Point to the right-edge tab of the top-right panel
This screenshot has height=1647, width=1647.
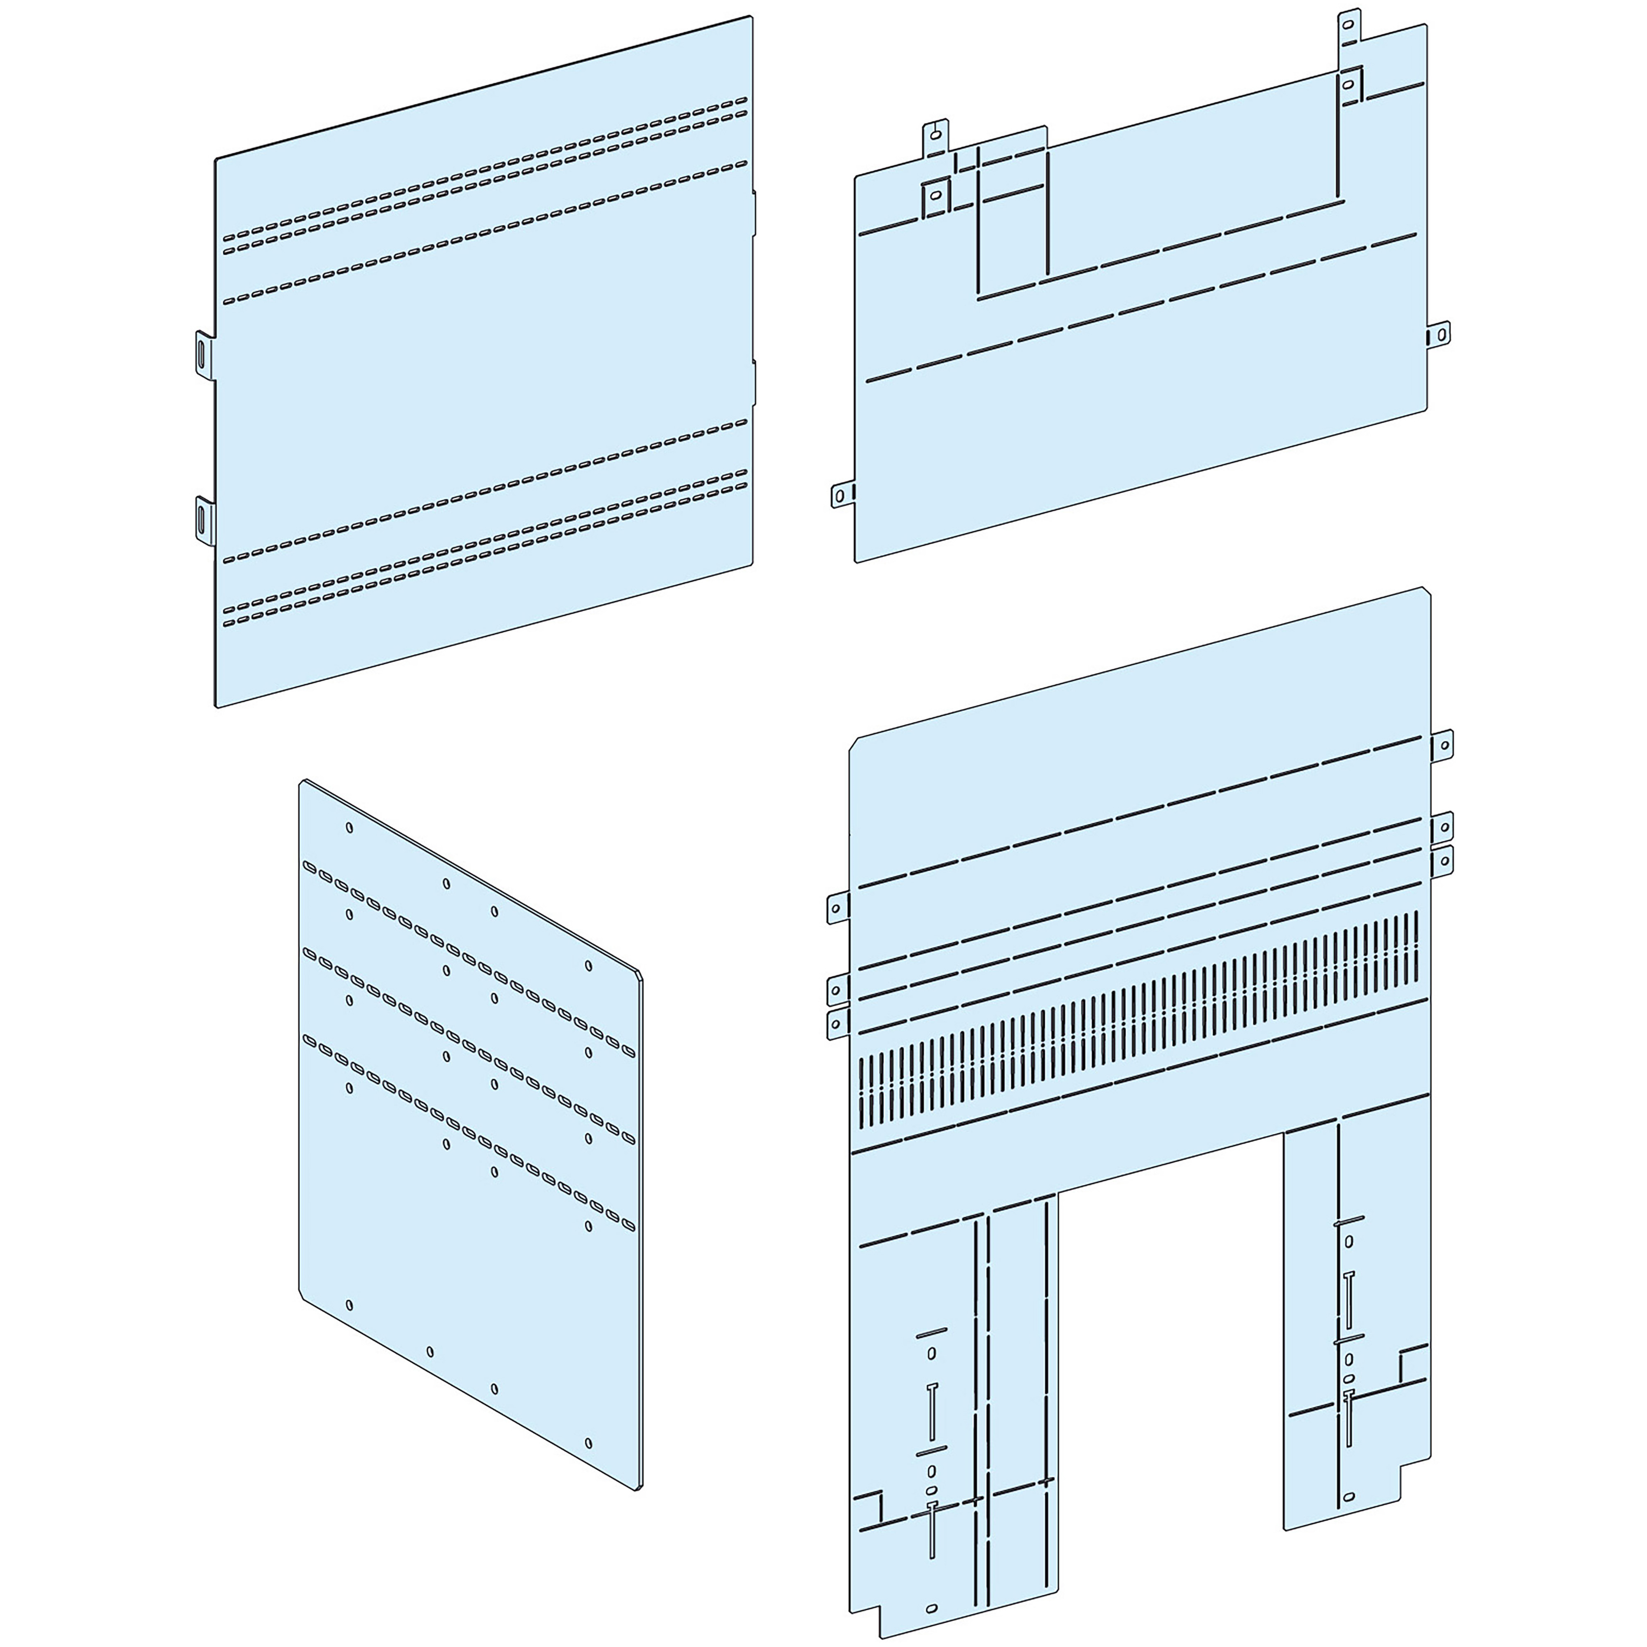click(x=1440, y=334)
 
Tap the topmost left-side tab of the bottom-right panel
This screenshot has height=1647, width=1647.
click(x=838, y=909)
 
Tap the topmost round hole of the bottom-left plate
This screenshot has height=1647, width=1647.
click(x=350, y=827)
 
